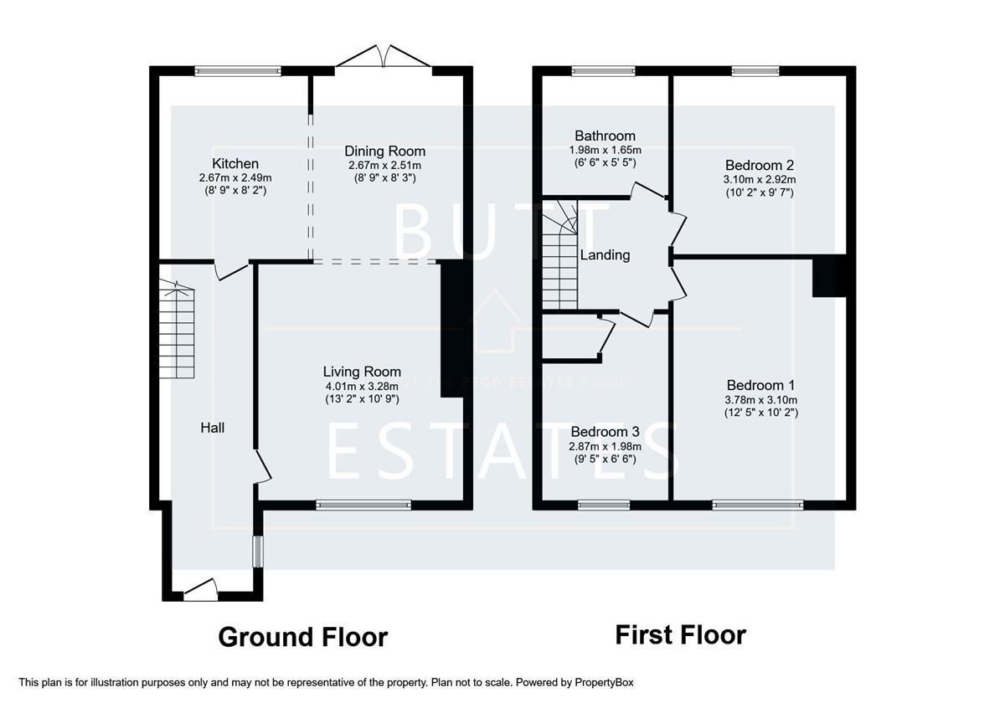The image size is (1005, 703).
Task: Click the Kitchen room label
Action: click(x=235, y=163)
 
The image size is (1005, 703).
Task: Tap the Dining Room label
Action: click(x=384, y=151)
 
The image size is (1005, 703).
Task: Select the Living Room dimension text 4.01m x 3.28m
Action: click(x=362, y=386)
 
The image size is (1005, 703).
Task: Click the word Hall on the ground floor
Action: click(x=212, y=428)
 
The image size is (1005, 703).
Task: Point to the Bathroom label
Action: click(x=605, y=136)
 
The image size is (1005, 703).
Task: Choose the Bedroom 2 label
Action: click(x=760, y=165)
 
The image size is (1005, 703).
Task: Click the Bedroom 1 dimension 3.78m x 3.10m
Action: click(x=760, y=399)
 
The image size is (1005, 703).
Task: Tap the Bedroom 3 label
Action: click(x=605, y=432)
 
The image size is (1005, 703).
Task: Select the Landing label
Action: click(x=605, y=255)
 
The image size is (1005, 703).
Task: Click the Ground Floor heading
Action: click(x=302, y=637)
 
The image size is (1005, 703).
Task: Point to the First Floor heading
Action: click(x=680, y=634)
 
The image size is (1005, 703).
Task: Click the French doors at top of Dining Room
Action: click(x=384, y=58)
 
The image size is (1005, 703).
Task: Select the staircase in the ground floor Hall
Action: click(x=177, y=331)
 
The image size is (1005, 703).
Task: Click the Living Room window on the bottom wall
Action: click(x=363, y=505)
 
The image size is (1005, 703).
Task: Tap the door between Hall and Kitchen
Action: click(x=230, y=270)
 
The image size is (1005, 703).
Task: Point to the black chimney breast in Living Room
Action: click(x=451, y=326)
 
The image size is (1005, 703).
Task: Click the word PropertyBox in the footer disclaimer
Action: click(x=610, y=683)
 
